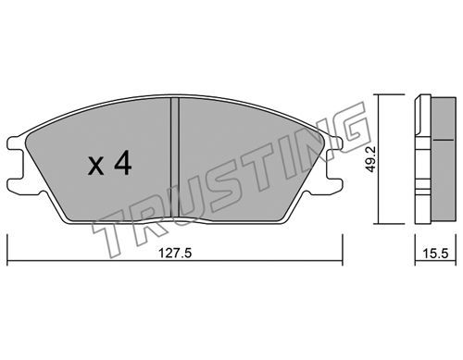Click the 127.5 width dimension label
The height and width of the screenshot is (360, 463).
click(175, 254)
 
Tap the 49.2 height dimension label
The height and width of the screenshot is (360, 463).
click(370, 159)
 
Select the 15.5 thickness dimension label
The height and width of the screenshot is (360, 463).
click(435, 254)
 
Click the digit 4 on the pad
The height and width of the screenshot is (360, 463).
click(123, 164)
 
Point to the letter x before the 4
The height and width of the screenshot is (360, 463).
click(96, 167)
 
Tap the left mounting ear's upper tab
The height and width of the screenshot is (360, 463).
click(16, 143)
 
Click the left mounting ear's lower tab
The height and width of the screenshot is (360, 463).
click(16, 185)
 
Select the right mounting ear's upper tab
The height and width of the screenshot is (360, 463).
click(334, 143)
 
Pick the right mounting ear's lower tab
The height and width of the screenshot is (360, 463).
click(334, 185)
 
